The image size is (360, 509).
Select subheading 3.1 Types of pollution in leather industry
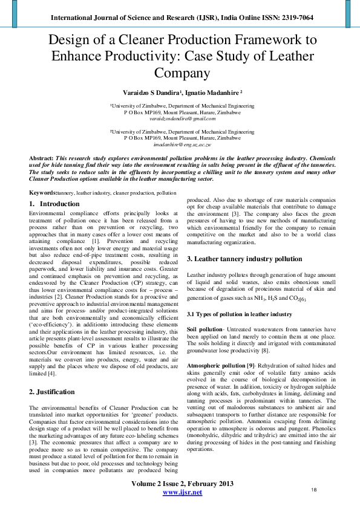239,314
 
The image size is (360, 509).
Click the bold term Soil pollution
205,329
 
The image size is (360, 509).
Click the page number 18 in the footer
313,489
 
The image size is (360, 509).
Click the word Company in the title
182,73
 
